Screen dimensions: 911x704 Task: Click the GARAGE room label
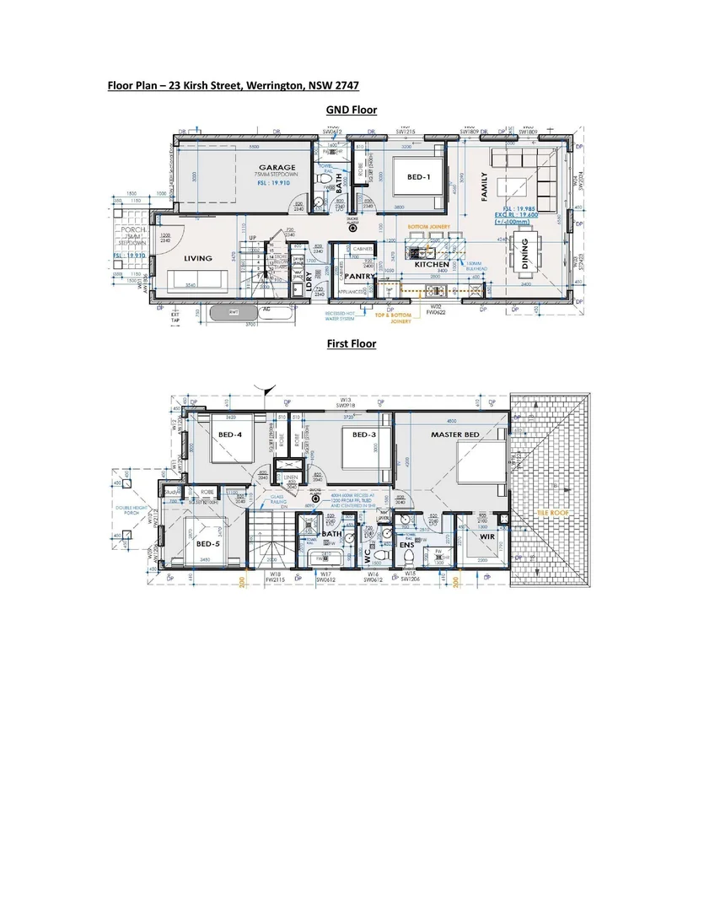coord(277,167)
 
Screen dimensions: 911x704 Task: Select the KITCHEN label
coord(431,264)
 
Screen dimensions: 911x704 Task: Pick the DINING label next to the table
coord(525,253)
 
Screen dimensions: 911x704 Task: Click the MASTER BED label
coord(455,434)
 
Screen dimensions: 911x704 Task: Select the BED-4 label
coord(229,434)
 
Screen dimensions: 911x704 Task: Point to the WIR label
coord(486,536)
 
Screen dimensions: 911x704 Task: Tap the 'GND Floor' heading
coord(351,111)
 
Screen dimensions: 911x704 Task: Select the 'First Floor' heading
coord(351,343)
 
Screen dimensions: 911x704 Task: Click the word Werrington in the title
coord(281,85)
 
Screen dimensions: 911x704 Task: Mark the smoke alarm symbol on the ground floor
coord(352,226)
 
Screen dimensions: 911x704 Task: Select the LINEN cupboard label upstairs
coord(290,477)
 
